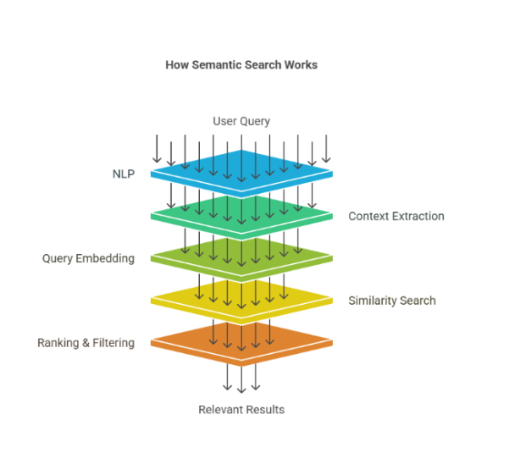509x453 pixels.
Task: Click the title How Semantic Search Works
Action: (x=241, y=64)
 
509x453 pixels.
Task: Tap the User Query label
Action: (x=241, y=121)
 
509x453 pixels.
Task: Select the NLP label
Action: (x=123, y=174)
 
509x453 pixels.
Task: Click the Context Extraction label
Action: (x=396, y=216)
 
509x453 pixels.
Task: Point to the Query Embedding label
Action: (x=88, y=258)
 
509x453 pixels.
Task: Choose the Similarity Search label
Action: (x=392, y=301)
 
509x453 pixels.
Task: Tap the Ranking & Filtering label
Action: (x=86, y=343)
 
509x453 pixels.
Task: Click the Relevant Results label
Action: (x=241, y=410)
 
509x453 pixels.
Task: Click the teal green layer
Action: (x=241, y=215)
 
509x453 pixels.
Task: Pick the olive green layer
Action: (x=241, y=257)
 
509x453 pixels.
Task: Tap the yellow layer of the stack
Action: (x=241, y=299)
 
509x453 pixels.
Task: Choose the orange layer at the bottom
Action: (x=241, y=341)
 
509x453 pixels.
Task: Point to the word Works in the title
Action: (x=301, y=64)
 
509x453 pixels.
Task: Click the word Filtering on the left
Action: (x=113, y=343)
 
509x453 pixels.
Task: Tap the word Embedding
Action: (x=106, y=258)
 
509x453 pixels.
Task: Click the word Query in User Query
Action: (x=254, y=121)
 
